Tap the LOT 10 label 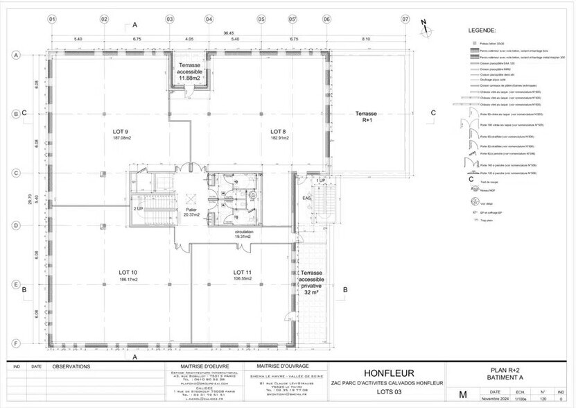click(128, 272)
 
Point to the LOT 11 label click(242, 272)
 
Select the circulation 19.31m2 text click(244, 234)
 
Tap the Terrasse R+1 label click(365, 116)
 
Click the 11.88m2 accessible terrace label click(189, 78)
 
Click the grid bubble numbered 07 click(405, 19)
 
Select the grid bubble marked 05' click(293, 19)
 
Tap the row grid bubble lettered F click(15, 343)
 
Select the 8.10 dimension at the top click(365, 39)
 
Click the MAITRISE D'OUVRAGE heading click(282, 365)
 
